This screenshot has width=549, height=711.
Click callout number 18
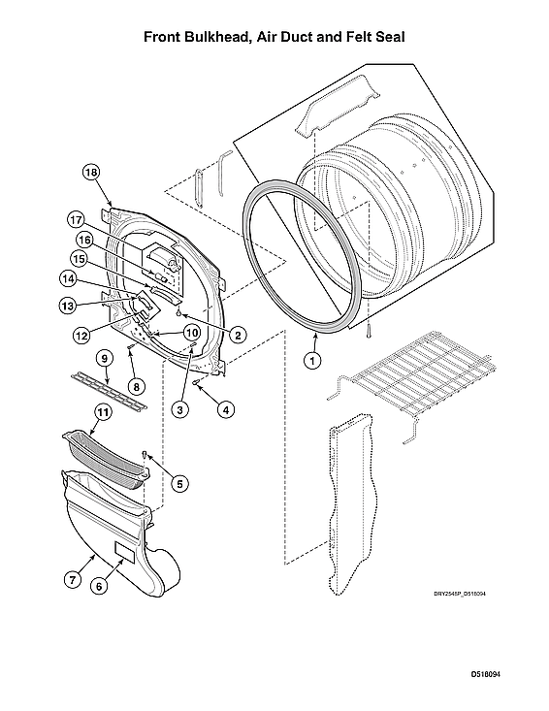pyautogui.click(x=91, y=173)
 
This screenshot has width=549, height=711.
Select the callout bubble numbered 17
pyautogui.click(x=76, y=218)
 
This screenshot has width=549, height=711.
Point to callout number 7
pyautogui.click(x=72, y=580)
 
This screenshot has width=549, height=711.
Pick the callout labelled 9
pyautogui.click(x=104, y=358)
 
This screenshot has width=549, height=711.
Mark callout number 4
pyautogui.click(x=225, y=409)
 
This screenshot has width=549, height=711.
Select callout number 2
pyautogui.click(x=237, y=335)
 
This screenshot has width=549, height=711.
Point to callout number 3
pyautogui.click(x=180, y=409)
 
